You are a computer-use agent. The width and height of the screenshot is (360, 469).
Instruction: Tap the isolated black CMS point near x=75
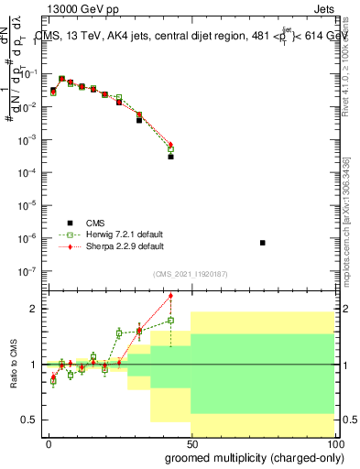tap(263, 243)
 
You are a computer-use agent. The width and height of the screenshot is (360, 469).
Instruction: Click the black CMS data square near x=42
tap(170, 157)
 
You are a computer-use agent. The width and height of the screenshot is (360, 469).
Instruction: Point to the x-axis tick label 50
tap(191, 443)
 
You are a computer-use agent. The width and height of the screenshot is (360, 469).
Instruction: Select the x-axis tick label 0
tap(49, 443)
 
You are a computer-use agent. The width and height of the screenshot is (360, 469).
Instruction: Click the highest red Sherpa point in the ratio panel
tap(170, 296)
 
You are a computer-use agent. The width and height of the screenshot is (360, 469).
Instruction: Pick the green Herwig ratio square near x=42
tap(170, 321)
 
